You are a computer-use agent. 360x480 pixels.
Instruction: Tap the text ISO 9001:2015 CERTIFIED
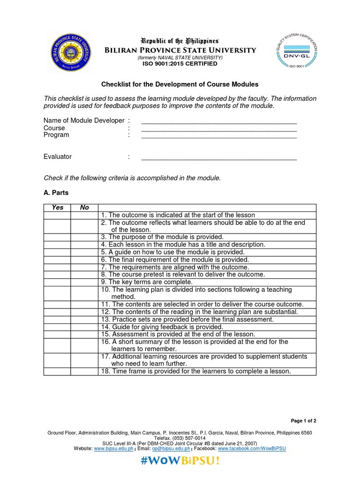click(x=180, y=64)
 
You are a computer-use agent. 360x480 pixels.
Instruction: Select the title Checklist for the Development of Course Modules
click(x=180, y=84)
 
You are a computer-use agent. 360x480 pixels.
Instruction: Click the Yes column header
click(x=57, y=207)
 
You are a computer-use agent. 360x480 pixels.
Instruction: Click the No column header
click(x=84, y=207)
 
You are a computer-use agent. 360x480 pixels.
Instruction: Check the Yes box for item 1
click(x=57, y=215)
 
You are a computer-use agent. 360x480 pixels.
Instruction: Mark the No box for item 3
click(x=84, y=237)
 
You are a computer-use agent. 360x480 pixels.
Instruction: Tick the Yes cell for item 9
click(x=57, y=282)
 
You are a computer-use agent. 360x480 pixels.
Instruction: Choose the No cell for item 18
click(x=84, y=371)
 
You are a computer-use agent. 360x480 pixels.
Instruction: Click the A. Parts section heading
click(x=56, y=193)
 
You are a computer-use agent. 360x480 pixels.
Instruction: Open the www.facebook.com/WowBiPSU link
click(x=252, y=449)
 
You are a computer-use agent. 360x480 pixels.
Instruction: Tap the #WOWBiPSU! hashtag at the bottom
click(x=180, y=461)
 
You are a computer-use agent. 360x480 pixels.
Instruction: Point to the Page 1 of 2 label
click(x=304, y=420)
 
